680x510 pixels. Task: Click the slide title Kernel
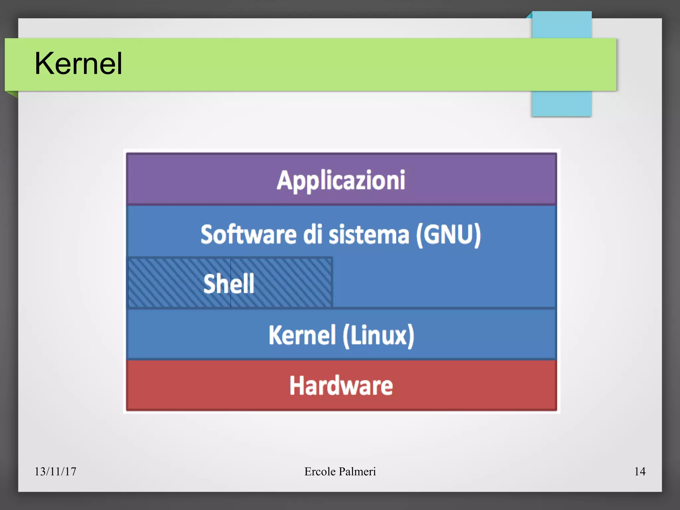tap(78, 63)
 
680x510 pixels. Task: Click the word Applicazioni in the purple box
tap(341, 180)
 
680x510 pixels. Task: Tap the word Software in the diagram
tap(248, 234)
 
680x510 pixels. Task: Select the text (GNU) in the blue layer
tap(448, 234)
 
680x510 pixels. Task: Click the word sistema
tap(369, 234)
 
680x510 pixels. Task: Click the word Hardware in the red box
tap(341, 385)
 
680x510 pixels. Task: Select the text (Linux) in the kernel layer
tap(379, 335)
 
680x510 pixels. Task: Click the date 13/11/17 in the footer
tap(55, 471)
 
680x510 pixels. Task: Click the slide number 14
tap(639, 471)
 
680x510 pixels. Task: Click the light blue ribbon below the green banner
tap(561, 104)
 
